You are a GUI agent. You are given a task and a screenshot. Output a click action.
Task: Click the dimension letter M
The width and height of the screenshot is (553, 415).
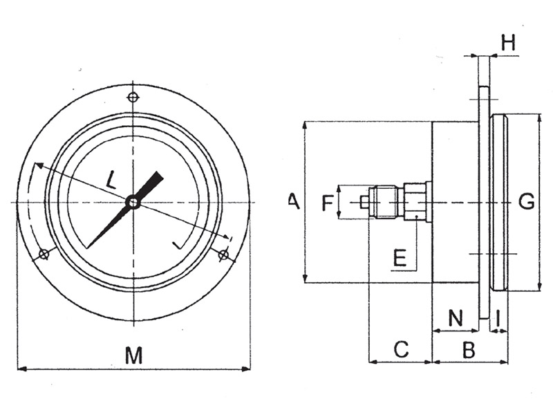coord(134,355)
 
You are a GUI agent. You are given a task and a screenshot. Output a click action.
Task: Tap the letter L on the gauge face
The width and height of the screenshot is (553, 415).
coord(111,180)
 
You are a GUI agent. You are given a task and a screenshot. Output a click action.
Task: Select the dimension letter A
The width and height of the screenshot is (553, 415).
coord(294,201)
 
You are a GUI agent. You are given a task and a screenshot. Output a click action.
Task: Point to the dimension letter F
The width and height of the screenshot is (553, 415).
coord(328,203)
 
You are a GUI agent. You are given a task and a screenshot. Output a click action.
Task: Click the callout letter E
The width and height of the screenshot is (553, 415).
coord(400,257)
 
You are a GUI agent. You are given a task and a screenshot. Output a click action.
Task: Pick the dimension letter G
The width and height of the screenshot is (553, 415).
coord(526,202)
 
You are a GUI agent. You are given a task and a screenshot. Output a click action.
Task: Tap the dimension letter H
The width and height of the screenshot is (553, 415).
coord(508,42)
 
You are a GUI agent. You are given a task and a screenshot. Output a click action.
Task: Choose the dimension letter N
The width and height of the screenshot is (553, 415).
coord(456,317)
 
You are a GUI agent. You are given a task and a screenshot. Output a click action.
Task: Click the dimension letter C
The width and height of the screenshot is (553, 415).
coord(401,349)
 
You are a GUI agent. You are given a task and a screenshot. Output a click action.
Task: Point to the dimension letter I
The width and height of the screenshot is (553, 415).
coord(498,317)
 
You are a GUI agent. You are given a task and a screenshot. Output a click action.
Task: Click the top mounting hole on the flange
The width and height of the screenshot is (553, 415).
coord(133,97)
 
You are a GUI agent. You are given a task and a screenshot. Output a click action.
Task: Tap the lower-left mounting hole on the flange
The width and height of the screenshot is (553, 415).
coord(44,254)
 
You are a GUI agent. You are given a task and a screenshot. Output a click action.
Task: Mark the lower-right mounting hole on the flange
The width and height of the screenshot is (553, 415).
coord(223,255)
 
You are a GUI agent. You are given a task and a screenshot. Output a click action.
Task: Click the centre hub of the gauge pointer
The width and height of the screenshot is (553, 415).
coord(133,203)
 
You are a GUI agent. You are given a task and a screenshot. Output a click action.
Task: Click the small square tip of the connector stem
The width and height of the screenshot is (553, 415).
coord(364,203)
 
